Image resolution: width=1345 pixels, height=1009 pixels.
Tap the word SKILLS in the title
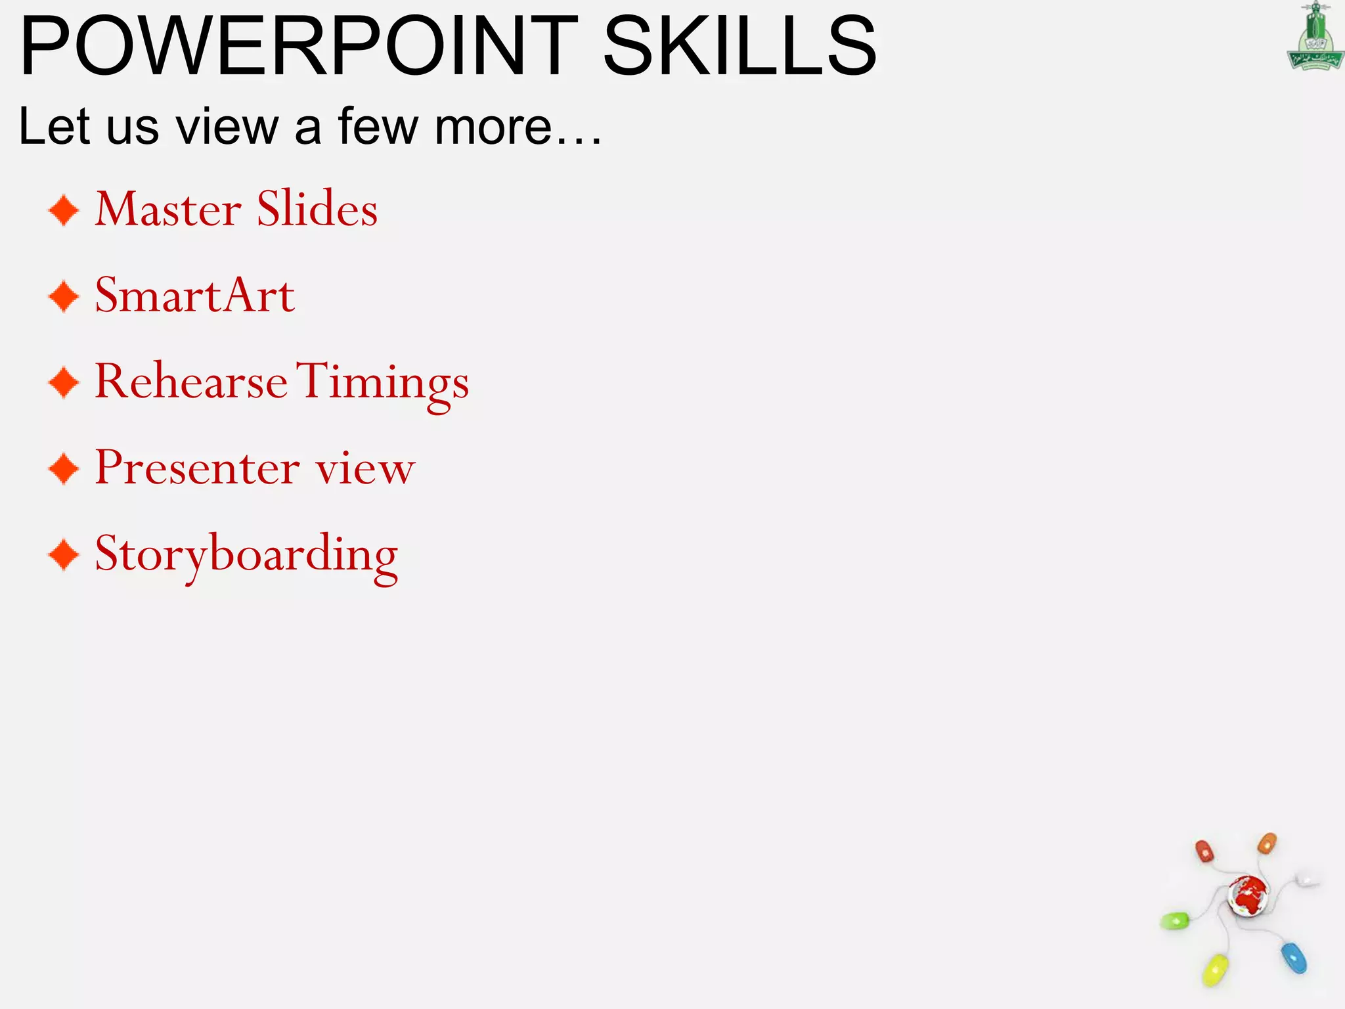tap(739, 46)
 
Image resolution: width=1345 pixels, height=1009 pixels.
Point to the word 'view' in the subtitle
tap(227, 126)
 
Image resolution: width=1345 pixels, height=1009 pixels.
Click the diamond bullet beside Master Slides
tap(64, 210)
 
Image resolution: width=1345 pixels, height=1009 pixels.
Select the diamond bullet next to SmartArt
tap(64, 296)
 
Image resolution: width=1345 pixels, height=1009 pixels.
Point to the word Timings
tap(383, 382)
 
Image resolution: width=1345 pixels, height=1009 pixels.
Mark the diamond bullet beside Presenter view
tap(64, 469)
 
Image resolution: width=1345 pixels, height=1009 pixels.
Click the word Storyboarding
tap(246, 555)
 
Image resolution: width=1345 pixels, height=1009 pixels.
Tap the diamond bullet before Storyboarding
tap(64, 555)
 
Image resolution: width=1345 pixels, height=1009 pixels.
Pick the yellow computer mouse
tap(1214, 970)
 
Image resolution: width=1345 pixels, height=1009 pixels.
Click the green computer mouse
tap(1175, 921)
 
